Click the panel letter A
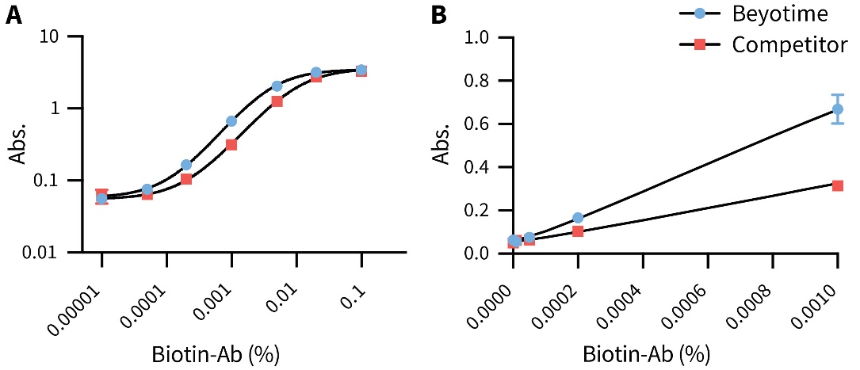[x=13, y=15]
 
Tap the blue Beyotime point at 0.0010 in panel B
[x=837, y=109]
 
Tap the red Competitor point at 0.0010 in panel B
[x=837, y=185]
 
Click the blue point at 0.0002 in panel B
[x=578, y=218]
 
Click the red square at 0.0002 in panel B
[x=578, y=231]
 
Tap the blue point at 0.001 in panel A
[x=231, y=121]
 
